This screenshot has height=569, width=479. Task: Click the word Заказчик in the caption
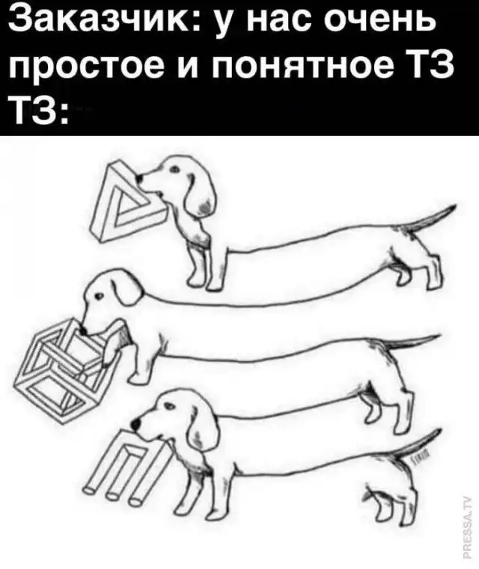pyautogui.click(x=100, y=18)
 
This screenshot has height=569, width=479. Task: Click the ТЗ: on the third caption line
pyautogui.click(x=37, y=111)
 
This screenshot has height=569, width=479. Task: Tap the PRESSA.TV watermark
pyautogui.click(x=469, y=522)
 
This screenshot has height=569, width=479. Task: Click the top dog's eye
pyautogui.click(x=174, y=169)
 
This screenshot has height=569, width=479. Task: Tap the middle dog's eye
pyautogui.click(x=98, y=297)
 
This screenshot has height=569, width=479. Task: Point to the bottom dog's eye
pyautogui.click(x=168, y=405)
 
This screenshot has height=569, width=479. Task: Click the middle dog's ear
pyautogui.click(x=128, y=290)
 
